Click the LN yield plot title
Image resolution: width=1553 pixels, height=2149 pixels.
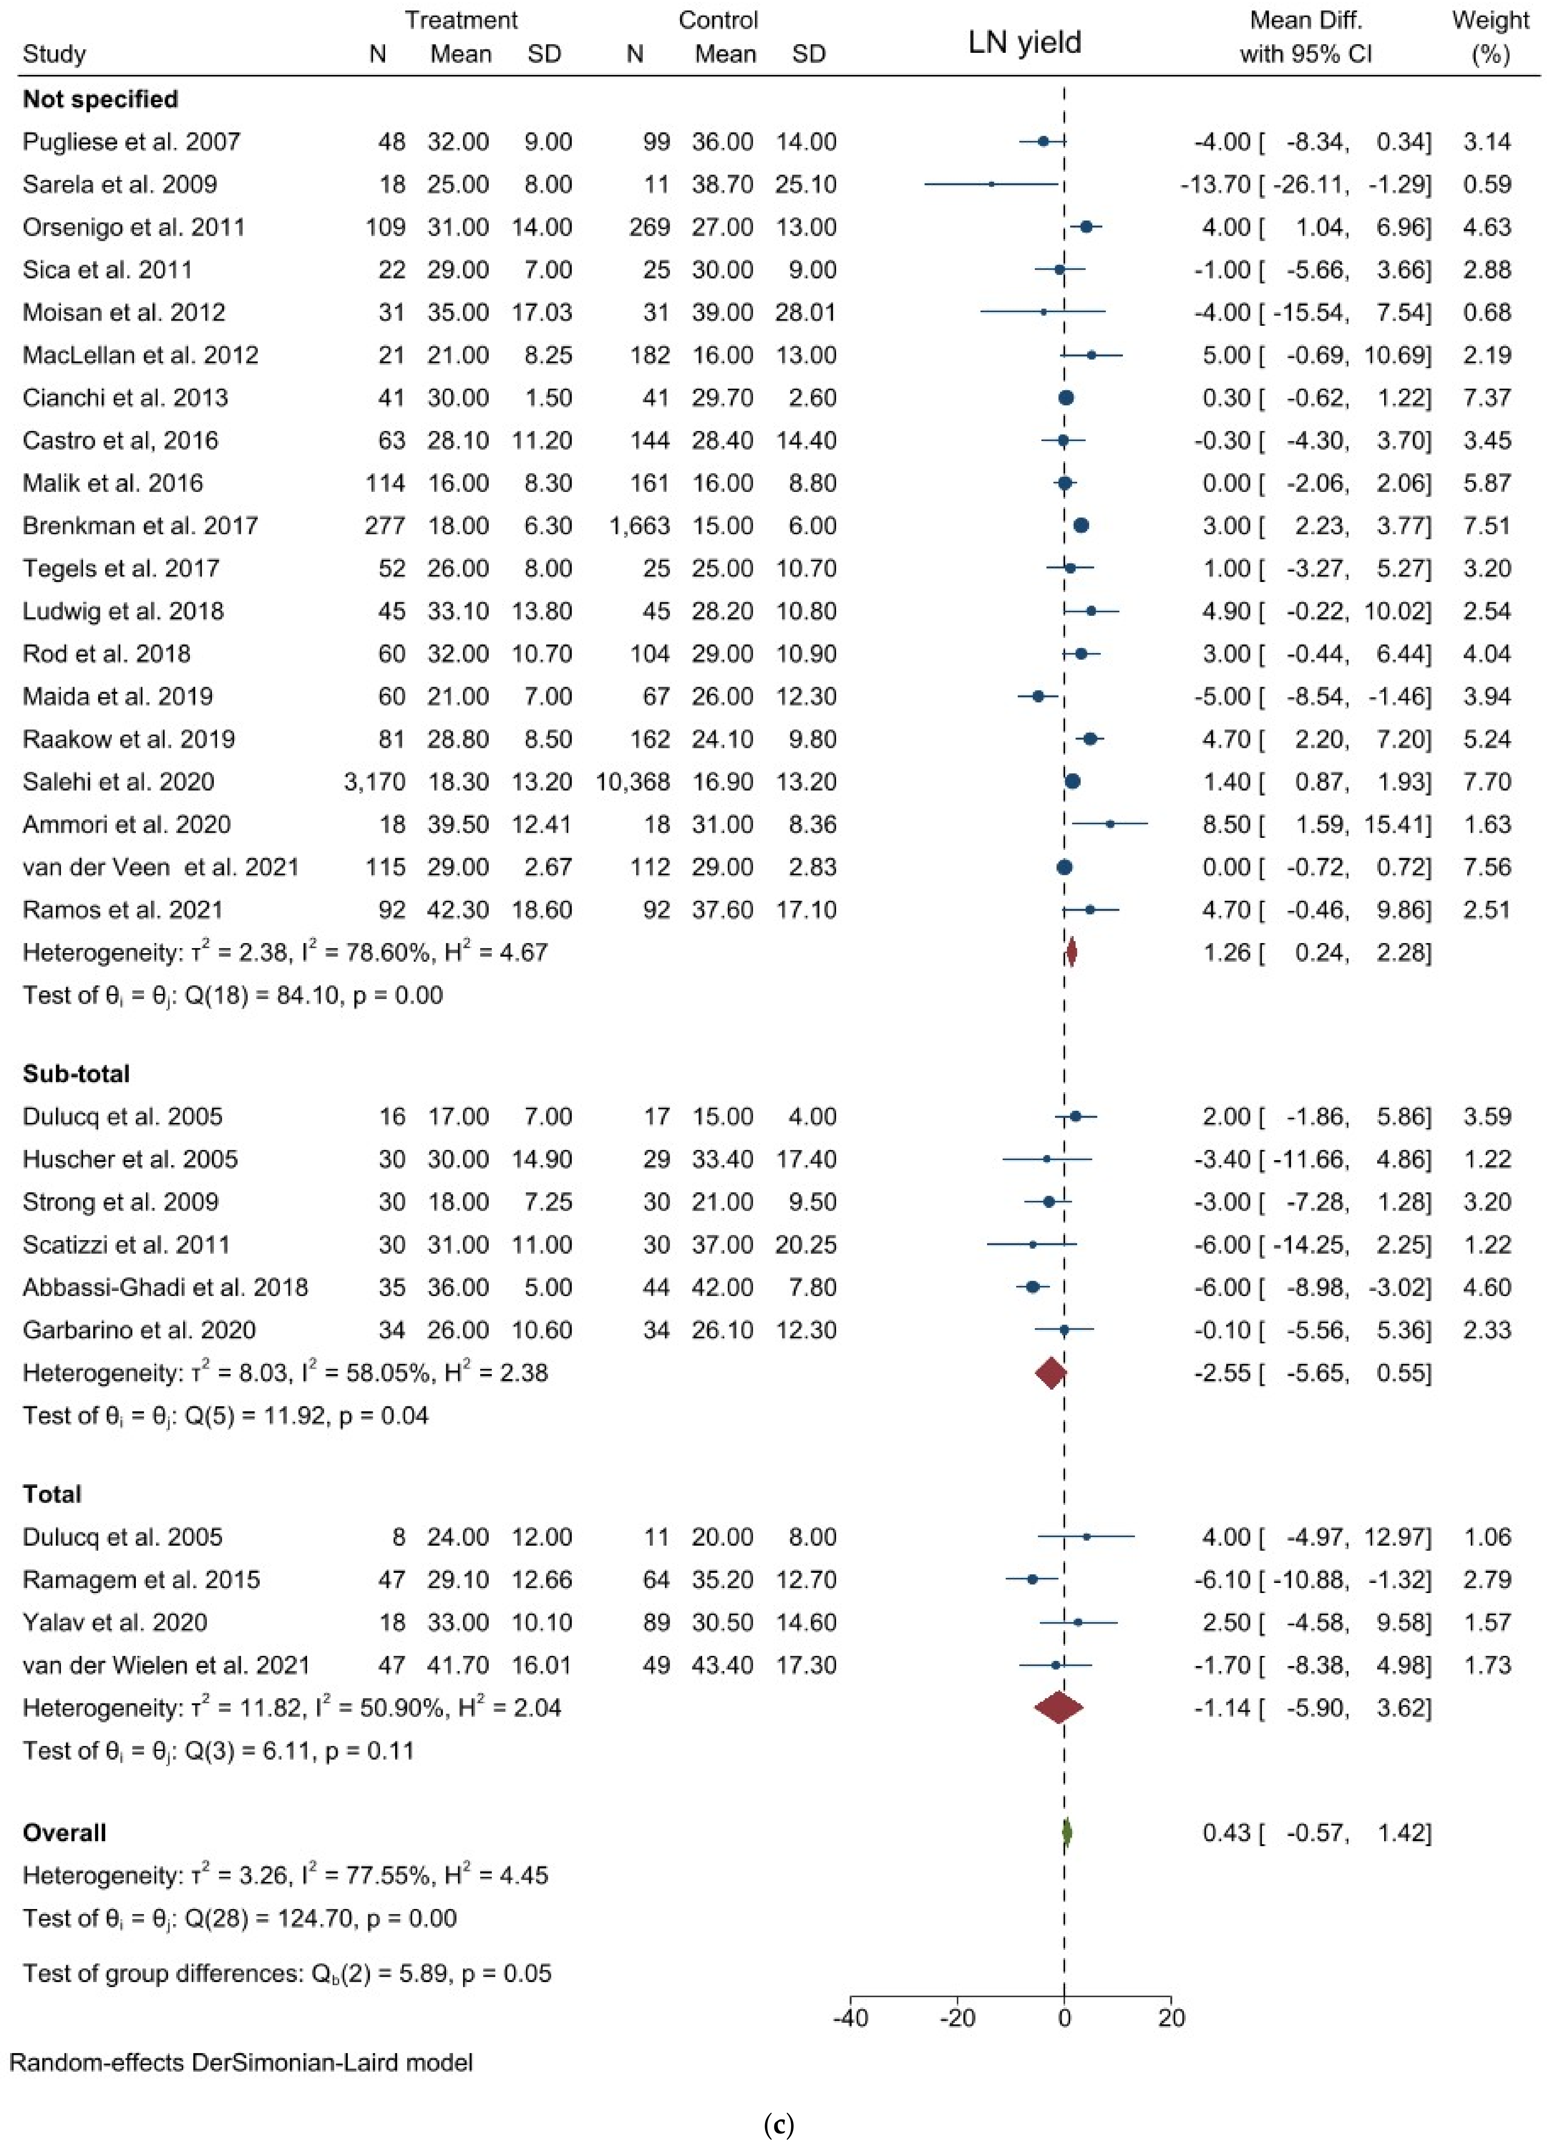[x=1024, y=43]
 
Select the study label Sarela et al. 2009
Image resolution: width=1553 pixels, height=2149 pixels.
[x=120, y=185]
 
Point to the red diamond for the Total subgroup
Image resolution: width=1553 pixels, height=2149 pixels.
[x=1058, y=1708]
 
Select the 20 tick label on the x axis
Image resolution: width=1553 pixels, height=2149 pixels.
[x=1171, y=2018]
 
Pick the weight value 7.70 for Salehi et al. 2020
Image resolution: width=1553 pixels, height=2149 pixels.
[x=1487, y=782]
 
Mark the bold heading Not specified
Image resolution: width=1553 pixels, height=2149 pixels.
[x=101, y=99]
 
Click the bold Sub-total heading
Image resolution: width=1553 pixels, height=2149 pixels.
[x=76, y=1074]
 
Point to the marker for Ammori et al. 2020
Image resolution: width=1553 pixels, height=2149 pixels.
[x=1110, y=824]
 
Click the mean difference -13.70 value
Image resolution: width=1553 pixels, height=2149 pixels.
[x=1216, y=185]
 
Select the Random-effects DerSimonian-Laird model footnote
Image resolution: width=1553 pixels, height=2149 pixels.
[x=241, y=2063]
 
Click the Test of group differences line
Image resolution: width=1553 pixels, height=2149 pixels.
[x=286, y=1974]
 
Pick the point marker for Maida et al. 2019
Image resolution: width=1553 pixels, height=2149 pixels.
[x=1038, y=697]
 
